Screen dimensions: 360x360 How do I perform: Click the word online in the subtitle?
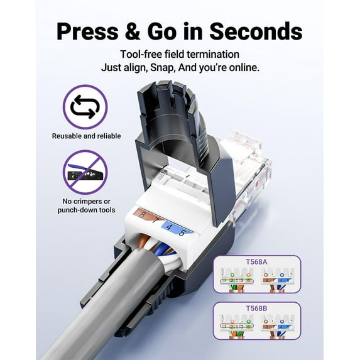pos(241,67)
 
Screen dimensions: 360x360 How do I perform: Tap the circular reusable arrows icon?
pos(85,107)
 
